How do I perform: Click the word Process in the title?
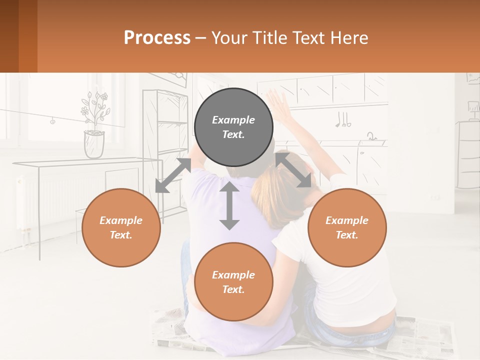pos(157,37)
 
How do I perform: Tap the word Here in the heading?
pos(348,37)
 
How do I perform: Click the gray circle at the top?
pos(233,127)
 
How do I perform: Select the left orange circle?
pos(121,227)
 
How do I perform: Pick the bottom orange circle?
pos(233,282)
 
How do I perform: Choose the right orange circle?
pos(347,227)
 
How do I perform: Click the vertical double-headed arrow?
pos(229,205)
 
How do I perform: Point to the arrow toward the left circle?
pos(173,175)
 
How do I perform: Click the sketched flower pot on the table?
pos(94,144)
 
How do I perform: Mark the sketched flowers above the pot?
pos(95,106)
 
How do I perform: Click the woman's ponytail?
pos(270,190)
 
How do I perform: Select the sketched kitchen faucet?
pos(371,136)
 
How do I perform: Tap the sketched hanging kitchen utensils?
pos(343,119)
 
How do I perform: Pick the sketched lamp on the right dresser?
pos(472,108)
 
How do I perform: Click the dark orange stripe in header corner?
pos(28,36)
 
